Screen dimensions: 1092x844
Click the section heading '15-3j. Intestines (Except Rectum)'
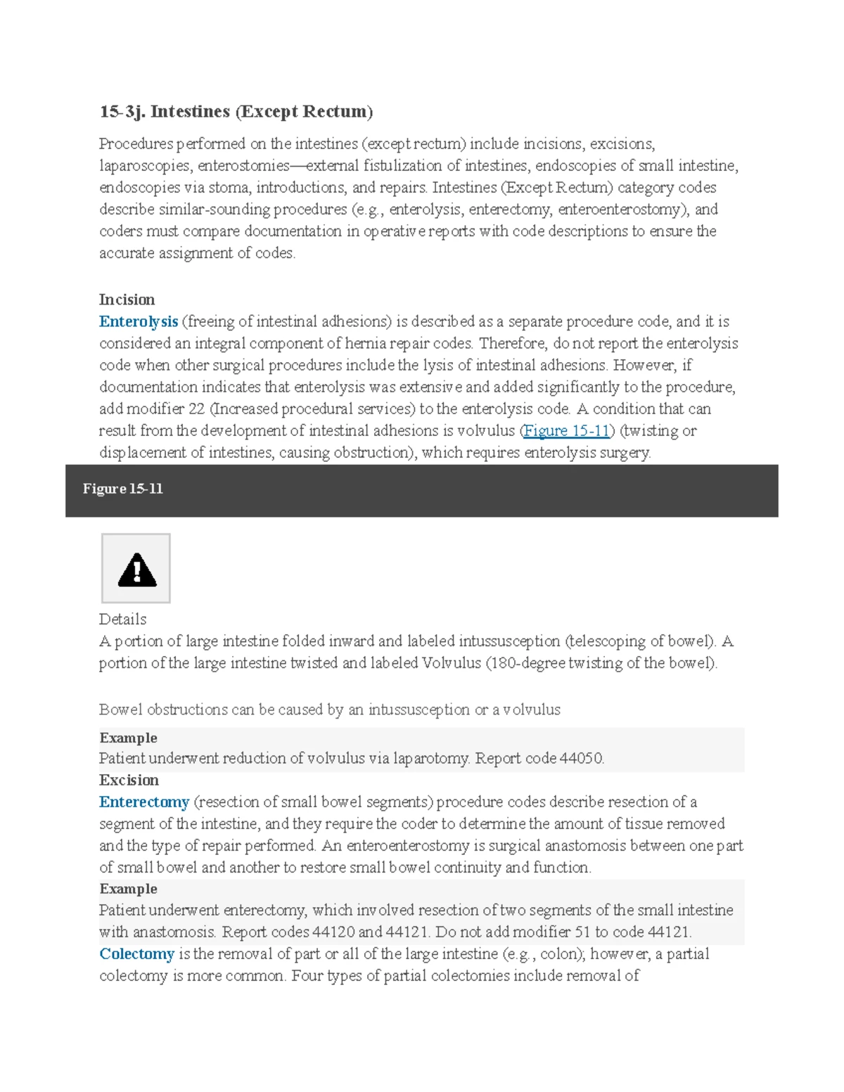(x=236, y=112)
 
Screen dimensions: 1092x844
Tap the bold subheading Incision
(x=127, y=300)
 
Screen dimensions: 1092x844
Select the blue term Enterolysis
(x=139, y=321)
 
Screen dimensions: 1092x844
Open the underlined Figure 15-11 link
(x=567, y=430)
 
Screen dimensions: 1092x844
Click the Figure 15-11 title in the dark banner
(x=123, y=489)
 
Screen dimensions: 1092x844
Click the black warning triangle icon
(x=136, y=570)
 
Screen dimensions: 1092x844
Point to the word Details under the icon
(x=122, y=619)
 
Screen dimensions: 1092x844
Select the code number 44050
(x=581, y=758)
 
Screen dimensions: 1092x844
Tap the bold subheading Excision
(x=129, y=780)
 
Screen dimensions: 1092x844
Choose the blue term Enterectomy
(x=144, y=802)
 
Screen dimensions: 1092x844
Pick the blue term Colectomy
(x=136, y=953)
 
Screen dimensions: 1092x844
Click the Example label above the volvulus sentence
(x=128, y=738)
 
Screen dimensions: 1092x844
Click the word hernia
(x=413, y=343)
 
